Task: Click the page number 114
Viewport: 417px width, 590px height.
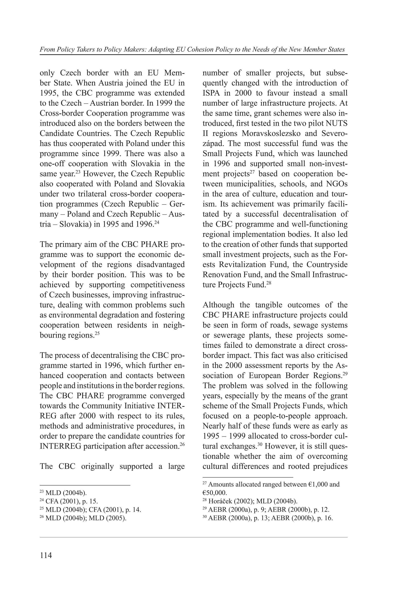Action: tap(46, 555)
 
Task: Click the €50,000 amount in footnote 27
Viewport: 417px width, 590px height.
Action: tap(215, 493)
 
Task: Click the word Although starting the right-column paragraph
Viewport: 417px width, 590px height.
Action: tap(218, 305)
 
